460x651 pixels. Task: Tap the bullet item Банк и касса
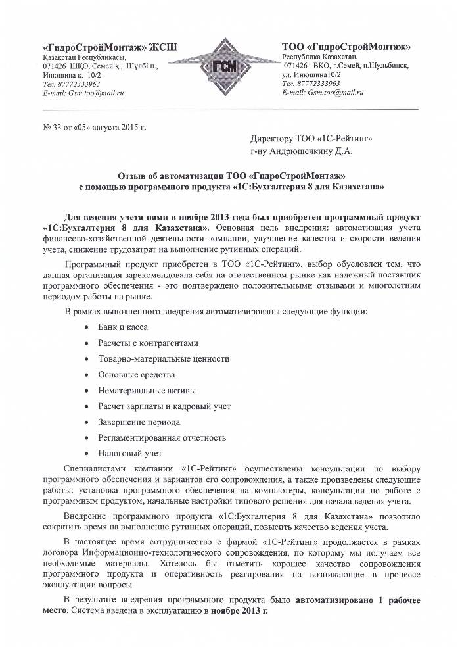[123, 327]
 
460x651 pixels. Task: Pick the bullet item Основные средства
[137, 374]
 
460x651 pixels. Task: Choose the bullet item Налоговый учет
[130, 453]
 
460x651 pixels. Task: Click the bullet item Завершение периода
[139, 422]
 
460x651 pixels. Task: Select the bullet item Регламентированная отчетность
[162, 437]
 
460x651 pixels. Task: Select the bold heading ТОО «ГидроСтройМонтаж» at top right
[346, 47]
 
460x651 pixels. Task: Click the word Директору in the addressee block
[273, 139]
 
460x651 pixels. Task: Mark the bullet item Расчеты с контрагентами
[148, 343]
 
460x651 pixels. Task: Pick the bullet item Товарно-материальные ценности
[164, 359]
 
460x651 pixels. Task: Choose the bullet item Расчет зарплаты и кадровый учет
[164, 406]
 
